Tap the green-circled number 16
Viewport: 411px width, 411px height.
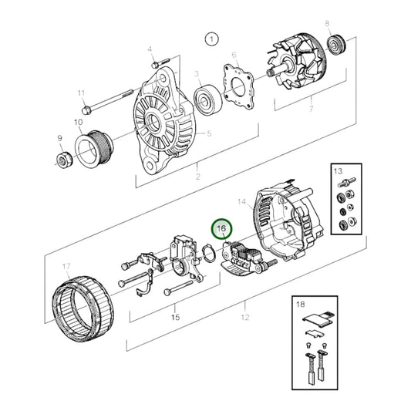tap(222, 229)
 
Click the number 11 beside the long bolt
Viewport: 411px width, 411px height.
tap(82, 93)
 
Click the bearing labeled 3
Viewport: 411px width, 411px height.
tap(207, 99)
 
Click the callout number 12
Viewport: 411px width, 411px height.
tap(245, 316)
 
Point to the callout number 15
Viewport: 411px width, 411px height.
tap(174, 316)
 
